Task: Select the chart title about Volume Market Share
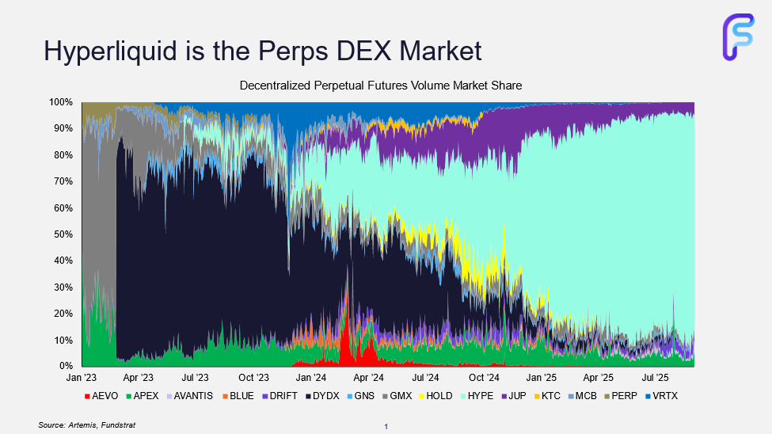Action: [381, 86]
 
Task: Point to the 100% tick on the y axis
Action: [61, 102]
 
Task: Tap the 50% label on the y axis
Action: [63, 234]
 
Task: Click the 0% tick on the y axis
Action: [66, 366]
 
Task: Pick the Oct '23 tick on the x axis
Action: [253, 379]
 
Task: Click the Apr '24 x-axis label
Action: [368, 379]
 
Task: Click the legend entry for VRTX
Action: [664, 395]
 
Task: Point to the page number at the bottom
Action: [386, 427]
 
